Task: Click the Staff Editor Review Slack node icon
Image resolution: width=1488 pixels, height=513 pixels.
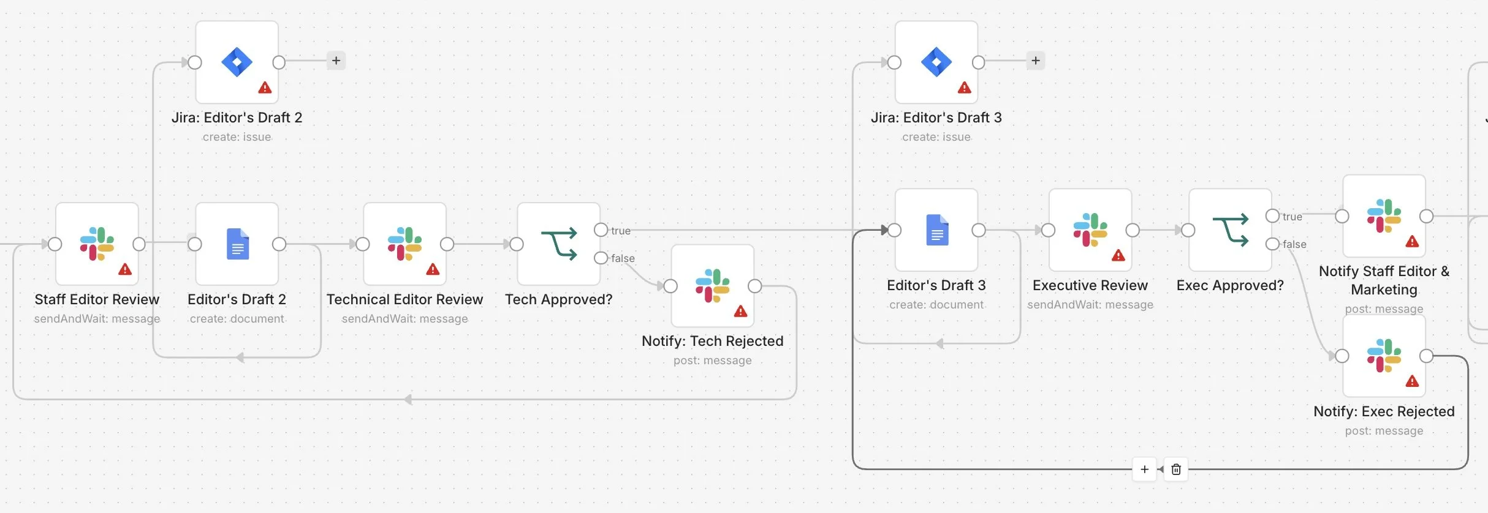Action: click(x=97, y=244)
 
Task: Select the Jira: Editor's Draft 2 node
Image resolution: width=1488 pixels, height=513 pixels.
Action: click(x=237, y=62)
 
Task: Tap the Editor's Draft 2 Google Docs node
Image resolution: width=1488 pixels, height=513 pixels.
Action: click(x=237, y=244)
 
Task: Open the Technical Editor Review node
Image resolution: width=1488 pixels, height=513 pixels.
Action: click(x=404, y=244)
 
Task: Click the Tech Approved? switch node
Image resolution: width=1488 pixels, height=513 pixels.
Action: click(x=558, y=244)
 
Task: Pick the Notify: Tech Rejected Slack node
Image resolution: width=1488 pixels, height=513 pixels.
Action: click(x=713, y=286)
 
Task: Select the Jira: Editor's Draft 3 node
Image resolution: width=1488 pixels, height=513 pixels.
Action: click(x=936, y=62)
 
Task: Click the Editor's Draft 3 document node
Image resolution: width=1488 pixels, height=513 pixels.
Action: click(x=936, y=230)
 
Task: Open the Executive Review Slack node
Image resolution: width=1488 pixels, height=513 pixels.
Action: click(x=1090, y=230)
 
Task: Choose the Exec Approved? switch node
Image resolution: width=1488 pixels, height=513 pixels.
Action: click(x=1230, y=230)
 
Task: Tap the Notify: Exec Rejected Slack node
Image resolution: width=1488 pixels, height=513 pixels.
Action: click(x=1384, y=356)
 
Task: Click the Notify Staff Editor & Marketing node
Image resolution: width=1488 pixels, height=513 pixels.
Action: click(x=1384, y=216)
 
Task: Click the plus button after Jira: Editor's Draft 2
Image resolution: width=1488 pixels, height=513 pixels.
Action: click(x=336, y=61)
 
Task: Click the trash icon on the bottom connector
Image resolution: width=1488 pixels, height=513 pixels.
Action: click(x=1176, y=470)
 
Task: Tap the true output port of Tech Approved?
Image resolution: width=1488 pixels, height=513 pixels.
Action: click(x=601, y=230)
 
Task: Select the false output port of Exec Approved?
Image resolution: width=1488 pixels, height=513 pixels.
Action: click(x=1272, y=244)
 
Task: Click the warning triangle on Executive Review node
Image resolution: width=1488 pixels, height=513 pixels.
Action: click(x=1118, y=255)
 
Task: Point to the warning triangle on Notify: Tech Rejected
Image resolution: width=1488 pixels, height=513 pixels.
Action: click(x=740, y=311)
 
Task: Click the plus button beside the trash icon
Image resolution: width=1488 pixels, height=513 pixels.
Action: click(x=1144, y=470)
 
